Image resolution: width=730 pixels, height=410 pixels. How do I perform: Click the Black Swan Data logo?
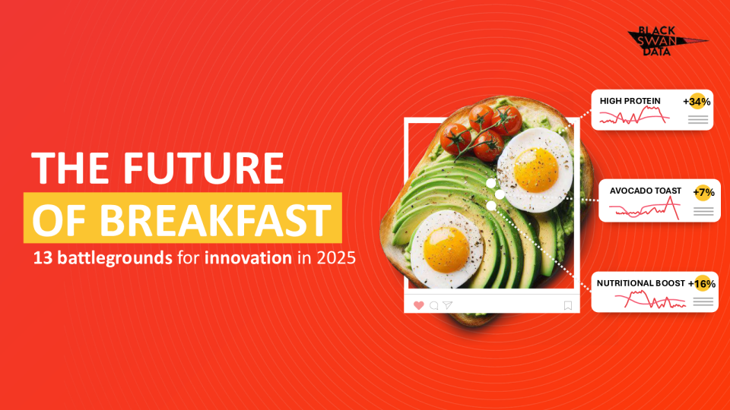click(667, 41)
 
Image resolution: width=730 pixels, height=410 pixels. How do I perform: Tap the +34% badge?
click(697, 101)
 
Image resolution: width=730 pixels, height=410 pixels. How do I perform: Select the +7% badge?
click(703, 192)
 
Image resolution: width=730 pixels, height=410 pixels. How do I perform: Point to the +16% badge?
click(702, 283)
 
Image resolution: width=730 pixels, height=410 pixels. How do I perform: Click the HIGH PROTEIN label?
click(630, 101)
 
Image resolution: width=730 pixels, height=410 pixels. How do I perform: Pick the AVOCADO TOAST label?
click(646, 191)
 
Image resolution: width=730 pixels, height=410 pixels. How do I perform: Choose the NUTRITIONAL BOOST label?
click(640, 283)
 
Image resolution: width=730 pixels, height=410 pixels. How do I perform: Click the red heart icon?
click(418, 305)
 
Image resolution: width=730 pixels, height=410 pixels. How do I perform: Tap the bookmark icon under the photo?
click(567, 305)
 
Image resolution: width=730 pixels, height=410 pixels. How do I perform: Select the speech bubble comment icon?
click(434, 305)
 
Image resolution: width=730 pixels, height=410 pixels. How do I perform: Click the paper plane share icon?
click(447, 305)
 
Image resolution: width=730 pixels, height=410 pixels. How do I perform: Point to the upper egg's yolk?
click(536, 169)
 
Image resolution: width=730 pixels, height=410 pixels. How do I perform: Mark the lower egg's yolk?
click(446, 250)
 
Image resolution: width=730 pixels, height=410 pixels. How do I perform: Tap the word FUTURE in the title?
click(204, 168)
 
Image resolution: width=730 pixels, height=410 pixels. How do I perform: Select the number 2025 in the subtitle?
click(336, 257)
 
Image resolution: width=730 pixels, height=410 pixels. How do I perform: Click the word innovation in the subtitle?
click(248, 257)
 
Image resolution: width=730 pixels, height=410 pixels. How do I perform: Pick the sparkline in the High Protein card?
click(634, 115)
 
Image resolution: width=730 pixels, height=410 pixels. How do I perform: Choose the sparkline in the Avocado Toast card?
click(645, 208)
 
